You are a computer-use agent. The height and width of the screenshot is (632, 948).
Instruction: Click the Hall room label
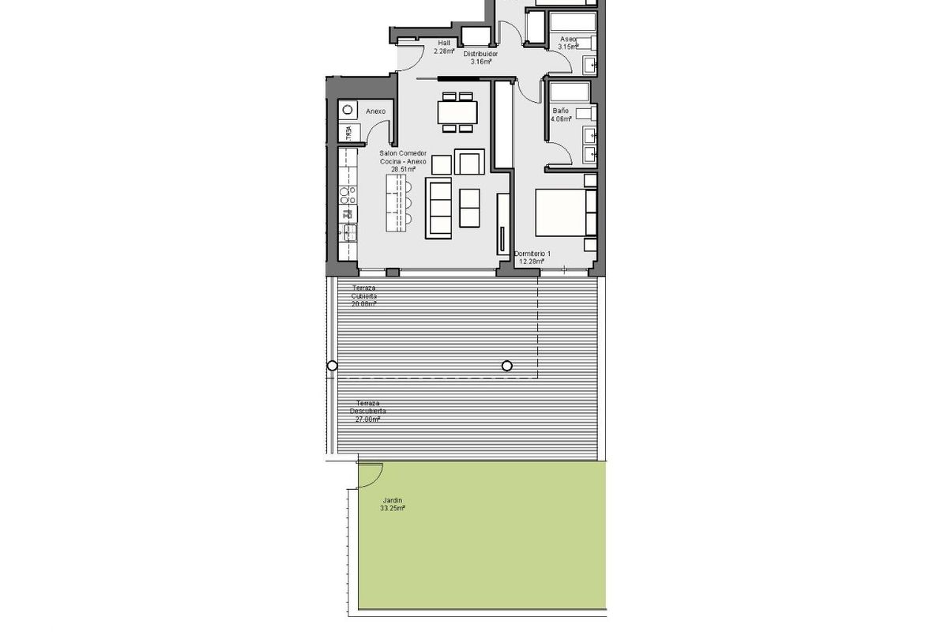pos(444,47)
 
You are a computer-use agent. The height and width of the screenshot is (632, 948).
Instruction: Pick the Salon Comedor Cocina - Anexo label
pos(403,161)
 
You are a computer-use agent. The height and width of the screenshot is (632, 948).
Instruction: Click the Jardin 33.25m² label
pos(393,504)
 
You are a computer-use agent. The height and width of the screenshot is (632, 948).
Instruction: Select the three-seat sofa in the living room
pos(438,208)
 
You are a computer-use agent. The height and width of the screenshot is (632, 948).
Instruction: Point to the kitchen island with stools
pos(397,202)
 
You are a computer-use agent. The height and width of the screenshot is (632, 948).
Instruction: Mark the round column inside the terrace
pos(507,366)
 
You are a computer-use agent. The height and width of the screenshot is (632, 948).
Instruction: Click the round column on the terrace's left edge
pos(333,366)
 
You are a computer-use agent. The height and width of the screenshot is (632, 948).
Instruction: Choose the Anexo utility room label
pos(375,111)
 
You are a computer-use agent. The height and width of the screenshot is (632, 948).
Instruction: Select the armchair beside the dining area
pos(469,163)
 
